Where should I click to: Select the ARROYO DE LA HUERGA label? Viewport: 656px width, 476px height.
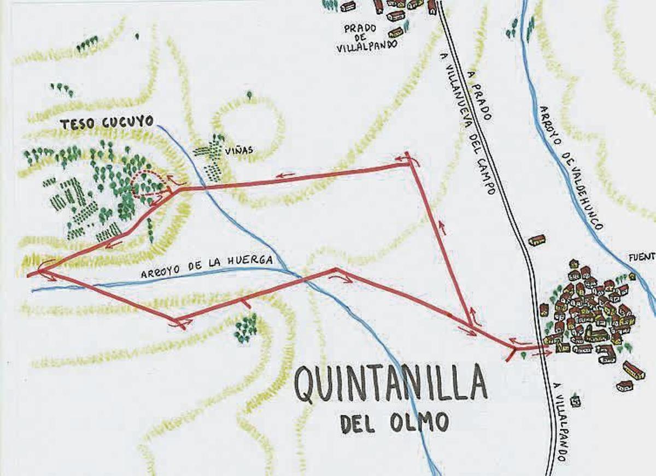(207, 267)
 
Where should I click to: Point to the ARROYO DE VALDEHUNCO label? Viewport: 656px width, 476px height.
(571, 167)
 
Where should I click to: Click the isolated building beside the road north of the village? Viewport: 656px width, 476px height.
(537, 240)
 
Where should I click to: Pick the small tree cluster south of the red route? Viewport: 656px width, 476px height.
(245, 328)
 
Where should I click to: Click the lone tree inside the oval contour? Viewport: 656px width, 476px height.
(249, 96)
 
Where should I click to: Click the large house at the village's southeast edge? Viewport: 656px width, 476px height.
(634, 370)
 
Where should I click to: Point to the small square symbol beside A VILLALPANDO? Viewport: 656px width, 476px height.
(575, 401)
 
